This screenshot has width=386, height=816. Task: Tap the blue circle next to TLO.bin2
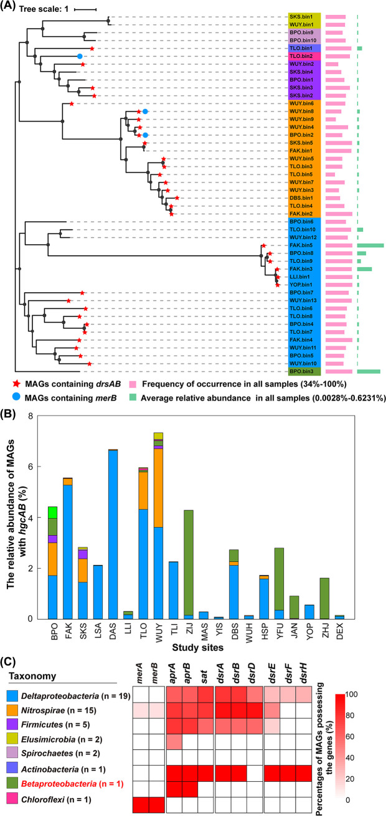pyautogui.click(x=80, y=56)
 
